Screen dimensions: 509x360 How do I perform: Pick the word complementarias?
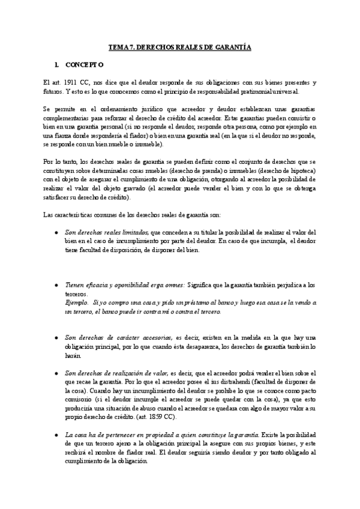67,118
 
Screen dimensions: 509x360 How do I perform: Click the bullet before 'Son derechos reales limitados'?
56,232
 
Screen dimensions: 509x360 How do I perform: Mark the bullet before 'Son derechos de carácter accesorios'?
56,339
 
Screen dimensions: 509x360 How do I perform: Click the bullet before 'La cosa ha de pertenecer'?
56,435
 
